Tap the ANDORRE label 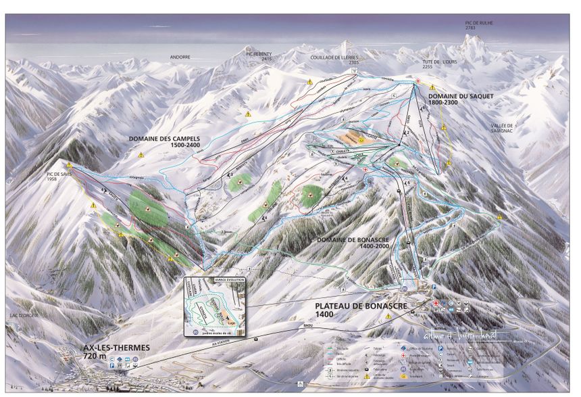click(180, 57)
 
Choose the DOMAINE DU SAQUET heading click(461, 99)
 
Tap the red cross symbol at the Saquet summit click(418, 82)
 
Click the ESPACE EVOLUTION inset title click(216, 279)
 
